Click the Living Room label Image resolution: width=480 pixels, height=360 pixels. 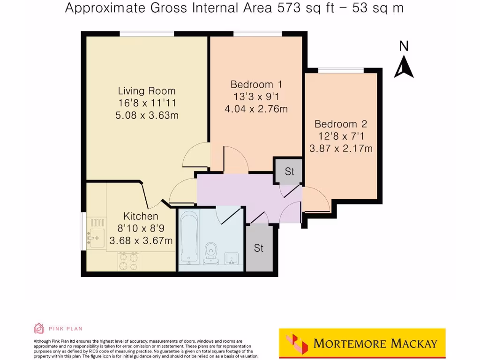tap(146, 91)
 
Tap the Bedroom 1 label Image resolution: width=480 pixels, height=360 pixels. tap(256, 84)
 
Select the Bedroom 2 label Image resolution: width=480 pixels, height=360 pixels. tap(340, 124)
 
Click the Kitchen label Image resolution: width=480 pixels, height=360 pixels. tap(141, 216)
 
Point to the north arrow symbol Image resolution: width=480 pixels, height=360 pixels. tap(404, 67)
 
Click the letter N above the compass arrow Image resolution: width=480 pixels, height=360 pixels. tap(404, 46)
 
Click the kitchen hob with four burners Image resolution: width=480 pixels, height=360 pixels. tap(128, 261)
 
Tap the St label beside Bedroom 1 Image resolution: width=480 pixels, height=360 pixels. tap(289, 172)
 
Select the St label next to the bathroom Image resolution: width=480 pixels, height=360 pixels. tap(259, 248)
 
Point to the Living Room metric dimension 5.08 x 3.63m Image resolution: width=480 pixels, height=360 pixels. tap(146, 115)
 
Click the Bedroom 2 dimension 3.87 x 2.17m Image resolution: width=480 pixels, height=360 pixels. tap(340, 149)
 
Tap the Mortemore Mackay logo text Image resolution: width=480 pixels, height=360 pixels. tap(375, 343)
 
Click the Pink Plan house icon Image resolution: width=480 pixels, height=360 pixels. tap(39, 328)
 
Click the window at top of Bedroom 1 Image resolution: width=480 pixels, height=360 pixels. tap(257, 34)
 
